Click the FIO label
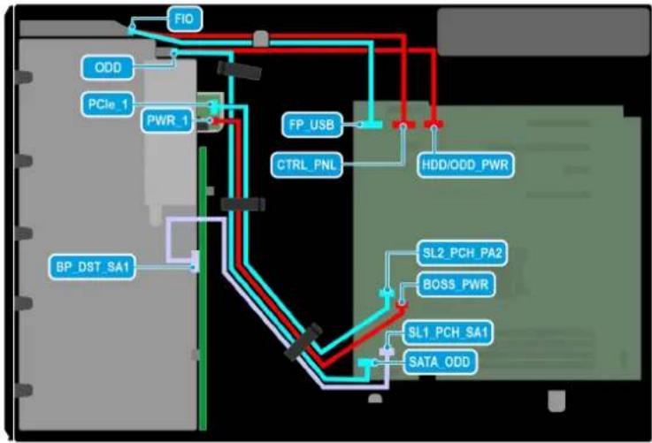(x=185, y=19)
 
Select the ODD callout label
(x=108, y=67)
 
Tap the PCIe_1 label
(x=108, y=103)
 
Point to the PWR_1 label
(x=167, y=121)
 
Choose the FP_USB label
(x=312, y=125)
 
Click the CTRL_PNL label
(x=307, y=165)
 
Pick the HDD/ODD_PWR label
(x=465, y=165)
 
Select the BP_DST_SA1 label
(x=92, y=266)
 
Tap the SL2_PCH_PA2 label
(x=463, y=253)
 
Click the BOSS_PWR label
(x=456, y=285)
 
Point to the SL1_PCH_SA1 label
(x=448, y=332)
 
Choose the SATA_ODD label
(x=440, y=362)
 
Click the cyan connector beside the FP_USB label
(x=372, y=125)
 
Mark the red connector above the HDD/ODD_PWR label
(x=433, y=124)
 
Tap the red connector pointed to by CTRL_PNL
(x=403, y=124)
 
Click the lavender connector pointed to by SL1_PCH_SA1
(x=387, y=352)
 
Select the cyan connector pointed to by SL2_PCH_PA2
(x=387, y=294)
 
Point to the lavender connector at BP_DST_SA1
(x=195, y=262)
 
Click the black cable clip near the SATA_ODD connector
(x=303, y=341)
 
